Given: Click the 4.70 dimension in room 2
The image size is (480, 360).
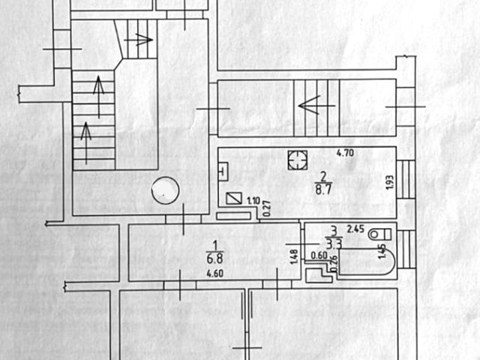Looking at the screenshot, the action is (x=344, y=154).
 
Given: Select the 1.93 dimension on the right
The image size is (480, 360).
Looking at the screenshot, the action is (x=389, y=183).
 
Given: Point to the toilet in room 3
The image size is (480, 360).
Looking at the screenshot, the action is (x=378, y=234).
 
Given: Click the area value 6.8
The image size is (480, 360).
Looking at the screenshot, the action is (x=214, y=259).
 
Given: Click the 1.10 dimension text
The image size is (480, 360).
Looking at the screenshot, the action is (x=253, y=200).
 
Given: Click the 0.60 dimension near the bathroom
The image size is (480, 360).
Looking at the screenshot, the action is (x=318, y=256).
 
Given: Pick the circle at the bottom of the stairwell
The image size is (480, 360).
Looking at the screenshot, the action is (x=164, y=190).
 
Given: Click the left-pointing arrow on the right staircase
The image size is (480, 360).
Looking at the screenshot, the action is (x=307, y=105).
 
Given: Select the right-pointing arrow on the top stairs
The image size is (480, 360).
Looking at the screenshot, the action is (x=142, y=39).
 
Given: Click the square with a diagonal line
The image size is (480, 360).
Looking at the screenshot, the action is (x=234, y=199).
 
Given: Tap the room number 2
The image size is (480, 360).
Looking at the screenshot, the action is (x=322, y=177).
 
